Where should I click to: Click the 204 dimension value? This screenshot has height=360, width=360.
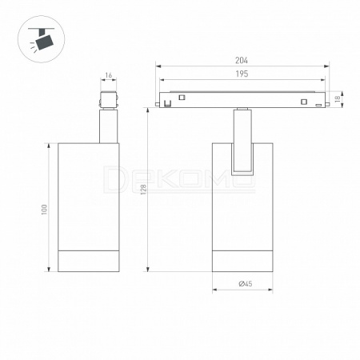(x=242, y=61)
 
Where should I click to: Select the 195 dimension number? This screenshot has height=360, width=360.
(x=242, y=74)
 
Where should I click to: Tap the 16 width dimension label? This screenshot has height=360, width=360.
(x=108, y=75)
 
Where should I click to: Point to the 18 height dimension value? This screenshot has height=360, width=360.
(x=338, y=99)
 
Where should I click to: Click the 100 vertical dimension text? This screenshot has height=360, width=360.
(x=44, y=210)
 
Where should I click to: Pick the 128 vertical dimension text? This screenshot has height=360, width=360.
(x=143, y=190)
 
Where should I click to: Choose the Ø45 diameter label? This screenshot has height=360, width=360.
(x=246, y=283)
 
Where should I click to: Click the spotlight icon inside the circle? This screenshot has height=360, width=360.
(x=42, y=39)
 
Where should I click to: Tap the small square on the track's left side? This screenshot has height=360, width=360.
(x=182, y=98)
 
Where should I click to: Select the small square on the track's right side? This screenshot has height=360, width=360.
(x=304, y=102)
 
